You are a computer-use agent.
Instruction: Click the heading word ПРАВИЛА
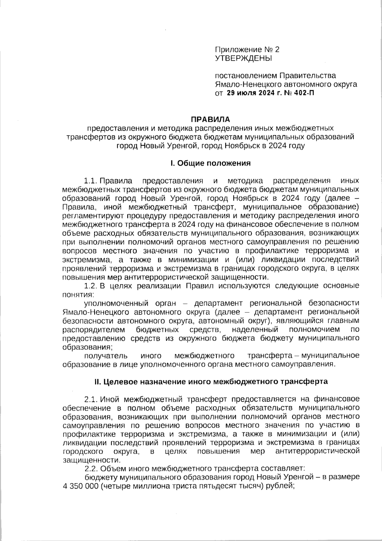pos(210,120)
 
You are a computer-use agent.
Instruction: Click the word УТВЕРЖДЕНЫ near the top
pos(244,58)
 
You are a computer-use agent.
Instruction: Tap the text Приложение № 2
pos(247,50)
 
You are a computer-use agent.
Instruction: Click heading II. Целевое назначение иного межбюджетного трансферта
pos(210,381)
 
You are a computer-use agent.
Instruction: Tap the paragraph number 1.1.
pos(90,181)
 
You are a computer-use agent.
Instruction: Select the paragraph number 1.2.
pos(90,286)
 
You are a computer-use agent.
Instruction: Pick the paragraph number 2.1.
pos(90,399)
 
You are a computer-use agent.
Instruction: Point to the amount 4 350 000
pos(78,486)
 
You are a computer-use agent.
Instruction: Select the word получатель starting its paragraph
pos(106,355)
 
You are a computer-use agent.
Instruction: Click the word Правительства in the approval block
pos(308,76)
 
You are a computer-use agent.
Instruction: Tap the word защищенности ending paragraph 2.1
pos(91,460)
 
